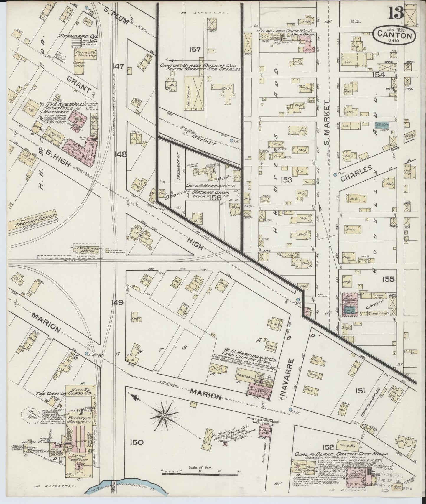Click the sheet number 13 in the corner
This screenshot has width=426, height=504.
click(396, 13)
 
